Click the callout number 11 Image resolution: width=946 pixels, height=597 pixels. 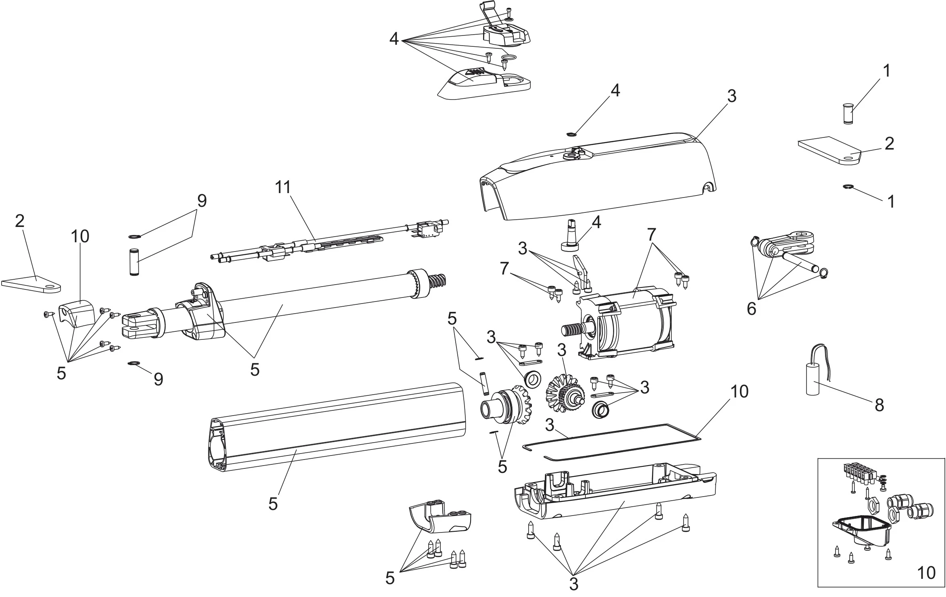283,188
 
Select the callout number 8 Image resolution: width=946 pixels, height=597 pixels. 879,405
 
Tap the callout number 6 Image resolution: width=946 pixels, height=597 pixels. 751,309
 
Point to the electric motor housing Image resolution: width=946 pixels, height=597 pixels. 629,322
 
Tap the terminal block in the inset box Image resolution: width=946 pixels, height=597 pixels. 858,473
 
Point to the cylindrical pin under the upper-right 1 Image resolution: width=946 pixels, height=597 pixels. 846,114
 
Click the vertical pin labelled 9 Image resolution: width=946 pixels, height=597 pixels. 133,262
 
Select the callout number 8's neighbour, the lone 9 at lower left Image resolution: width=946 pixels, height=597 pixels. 158,379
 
